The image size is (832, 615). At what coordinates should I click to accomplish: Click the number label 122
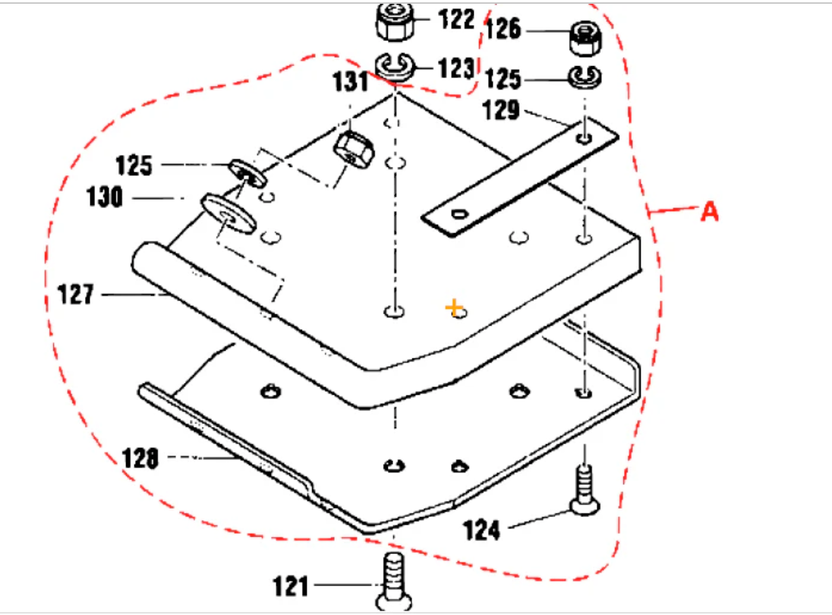click(x=456, y=19)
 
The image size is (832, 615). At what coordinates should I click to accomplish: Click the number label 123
click(x=456, y=68)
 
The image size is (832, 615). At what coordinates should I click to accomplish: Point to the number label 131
click(x=351, y=81)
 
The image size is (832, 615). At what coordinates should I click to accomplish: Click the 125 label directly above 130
click(x=134, y=165)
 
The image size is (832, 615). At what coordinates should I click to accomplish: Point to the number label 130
click(x=104, y=198)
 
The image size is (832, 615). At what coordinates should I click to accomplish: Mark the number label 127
click(x=77, y=294)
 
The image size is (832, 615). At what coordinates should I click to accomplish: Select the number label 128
click(x=140, y=459)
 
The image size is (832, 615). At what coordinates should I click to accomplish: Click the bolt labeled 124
click(x=583, y=490)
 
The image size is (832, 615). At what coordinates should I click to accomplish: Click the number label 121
click(x=292, y=586)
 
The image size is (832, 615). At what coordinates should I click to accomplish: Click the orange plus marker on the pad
click(x=454, y=307)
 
